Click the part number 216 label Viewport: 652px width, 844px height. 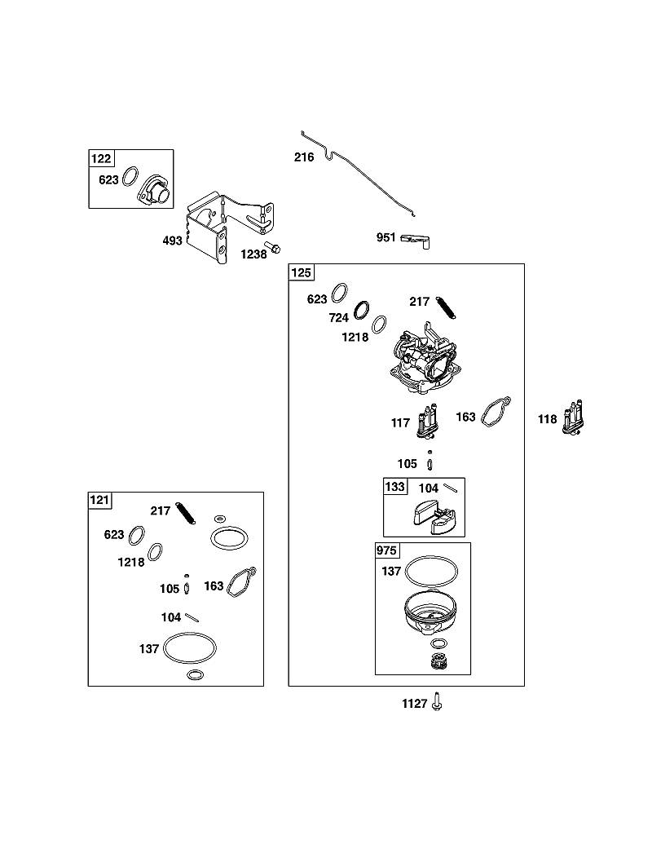point(304,157)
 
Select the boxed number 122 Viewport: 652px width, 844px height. point(101,158)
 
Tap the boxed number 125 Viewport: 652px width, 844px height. point(302,272)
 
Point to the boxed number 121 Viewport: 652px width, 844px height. point(99,500)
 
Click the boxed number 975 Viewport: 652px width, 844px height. point(387,550)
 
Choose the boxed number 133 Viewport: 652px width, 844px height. point(394,487)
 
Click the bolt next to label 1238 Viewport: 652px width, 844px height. point(274,248)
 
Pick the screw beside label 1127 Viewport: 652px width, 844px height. point(437,702)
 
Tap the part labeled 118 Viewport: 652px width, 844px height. point(574,418)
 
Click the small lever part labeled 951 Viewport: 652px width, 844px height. point(416,240)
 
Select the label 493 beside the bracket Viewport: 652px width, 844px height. point(172,241)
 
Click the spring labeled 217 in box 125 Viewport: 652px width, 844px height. point(447,308)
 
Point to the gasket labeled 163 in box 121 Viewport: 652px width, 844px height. point(242,581)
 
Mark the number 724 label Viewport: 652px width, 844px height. point(339,318)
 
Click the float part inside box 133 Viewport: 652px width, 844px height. point(436,510)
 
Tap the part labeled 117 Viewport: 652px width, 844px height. point(428,422)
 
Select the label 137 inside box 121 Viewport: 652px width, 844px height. point(149,649)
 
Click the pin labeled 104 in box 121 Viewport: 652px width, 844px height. point(192,617)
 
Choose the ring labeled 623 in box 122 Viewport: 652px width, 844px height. point(130,177)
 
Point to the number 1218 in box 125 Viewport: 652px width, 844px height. point(355,338)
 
